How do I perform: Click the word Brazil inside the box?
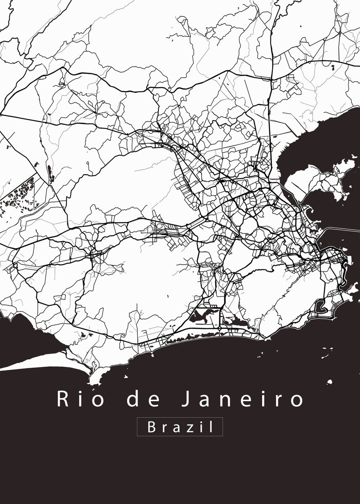click(180, 427)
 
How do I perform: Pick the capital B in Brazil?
click(151, 427)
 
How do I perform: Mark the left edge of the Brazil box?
click(137, 427)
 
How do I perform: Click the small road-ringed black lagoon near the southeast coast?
click(321, 305)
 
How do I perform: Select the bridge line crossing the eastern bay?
click(340, 229)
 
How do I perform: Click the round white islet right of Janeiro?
click(330, 382)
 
